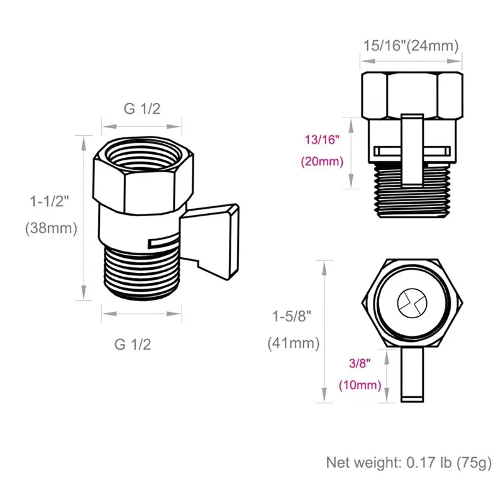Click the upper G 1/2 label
click(x=142, y=109)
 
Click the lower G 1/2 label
click(x=133, y=345)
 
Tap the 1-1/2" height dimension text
click(x=50, y=201)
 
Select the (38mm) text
click(x=52, y=228)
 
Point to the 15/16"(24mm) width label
click(x=411, y=45)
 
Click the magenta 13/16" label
click(x=322, y=140)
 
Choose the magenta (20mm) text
click(x=322, y=162)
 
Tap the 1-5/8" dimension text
click(x=292, y=316)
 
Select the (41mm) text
click(x=294, y=343)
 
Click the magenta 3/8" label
click(x=360, y=363)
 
